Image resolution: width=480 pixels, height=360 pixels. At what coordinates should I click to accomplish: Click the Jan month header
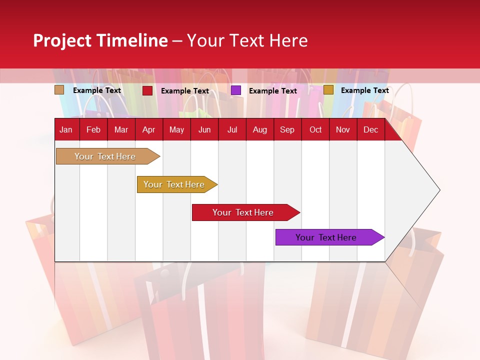click(66, 129)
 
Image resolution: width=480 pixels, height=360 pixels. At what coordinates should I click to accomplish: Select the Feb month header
click(93, 129)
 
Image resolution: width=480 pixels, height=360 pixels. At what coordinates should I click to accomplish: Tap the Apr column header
click(148, 129)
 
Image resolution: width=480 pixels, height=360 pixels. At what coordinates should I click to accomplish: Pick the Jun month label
click(204, 129)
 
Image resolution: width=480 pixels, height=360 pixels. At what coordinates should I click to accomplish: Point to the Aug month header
click(259, 129)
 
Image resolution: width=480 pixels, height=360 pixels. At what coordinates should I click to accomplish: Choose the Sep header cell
click(287, 129)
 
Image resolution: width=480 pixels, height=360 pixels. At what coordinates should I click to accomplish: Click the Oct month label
click(315, 129)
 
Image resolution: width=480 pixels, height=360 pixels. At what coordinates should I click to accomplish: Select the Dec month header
click(370, 129)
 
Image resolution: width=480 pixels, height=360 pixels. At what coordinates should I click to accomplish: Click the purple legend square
click(236, 90)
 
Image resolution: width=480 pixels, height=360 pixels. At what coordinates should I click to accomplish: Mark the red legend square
click(147, 90)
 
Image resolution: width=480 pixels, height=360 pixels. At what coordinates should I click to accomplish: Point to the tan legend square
click(59, 90)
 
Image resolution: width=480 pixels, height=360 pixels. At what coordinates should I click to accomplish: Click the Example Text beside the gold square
click(364, 90)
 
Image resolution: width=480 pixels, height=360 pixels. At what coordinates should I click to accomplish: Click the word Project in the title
click(62, 40)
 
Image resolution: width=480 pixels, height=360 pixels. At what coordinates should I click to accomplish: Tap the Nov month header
click(343, 129)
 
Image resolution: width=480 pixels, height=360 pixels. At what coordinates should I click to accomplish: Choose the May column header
click(176, 129)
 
